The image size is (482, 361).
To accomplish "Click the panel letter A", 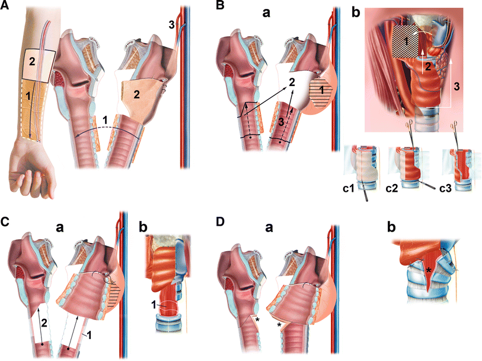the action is (4, 5).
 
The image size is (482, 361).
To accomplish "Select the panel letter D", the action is (221, 221).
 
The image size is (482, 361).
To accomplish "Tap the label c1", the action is (349, 188).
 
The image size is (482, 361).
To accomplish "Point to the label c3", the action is (446, 188).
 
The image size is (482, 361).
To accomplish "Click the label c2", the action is (392, 188).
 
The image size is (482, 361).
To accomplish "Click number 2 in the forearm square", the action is (32, 62).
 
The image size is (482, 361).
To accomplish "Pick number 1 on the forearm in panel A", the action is (28, 96).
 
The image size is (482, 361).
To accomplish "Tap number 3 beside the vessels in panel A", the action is (172, 25).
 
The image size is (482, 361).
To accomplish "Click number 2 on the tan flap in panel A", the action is (136, 94).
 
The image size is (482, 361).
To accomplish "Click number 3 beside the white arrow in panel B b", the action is (457, 87).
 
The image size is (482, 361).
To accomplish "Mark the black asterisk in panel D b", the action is (428, 271).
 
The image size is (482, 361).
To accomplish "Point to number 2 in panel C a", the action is (44, 323).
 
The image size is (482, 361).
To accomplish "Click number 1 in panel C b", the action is (154, 305).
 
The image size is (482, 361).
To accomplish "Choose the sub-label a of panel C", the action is (59, 229).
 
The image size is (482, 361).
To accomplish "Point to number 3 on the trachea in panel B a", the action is (280, 122).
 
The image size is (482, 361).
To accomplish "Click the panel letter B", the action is (220, 5).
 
